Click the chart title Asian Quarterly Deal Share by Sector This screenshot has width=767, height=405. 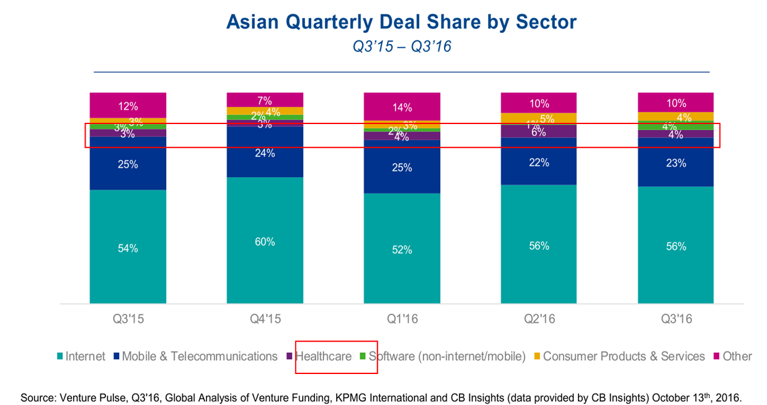(x=401, y=22)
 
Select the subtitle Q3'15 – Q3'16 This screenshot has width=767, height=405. (x=401, y=47)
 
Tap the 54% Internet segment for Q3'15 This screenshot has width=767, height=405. (x=128, y=248)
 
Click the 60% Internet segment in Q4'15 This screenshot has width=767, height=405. (x=265, y=241)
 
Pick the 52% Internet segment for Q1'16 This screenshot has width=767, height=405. (x=402, y=249)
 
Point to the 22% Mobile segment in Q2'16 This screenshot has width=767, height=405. (x=539, y=162)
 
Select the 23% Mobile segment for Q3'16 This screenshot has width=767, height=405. (x=676, y=163)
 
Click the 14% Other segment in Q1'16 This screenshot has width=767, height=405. (x=402, y=107)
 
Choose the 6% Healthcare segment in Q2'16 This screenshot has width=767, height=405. (x=539, y=131)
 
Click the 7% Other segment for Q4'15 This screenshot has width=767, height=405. (x=265, y=99)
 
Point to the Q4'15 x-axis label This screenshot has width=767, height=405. (x=265, y=320)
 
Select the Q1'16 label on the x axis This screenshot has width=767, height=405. (x=402, y=320)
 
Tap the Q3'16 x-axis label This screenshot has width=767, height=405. (x=676, y=320)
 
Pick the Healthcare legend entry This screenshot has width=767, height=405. (x=322, y=357)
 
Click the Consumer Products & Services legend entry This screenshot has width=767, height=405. (x=623, y=357)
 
